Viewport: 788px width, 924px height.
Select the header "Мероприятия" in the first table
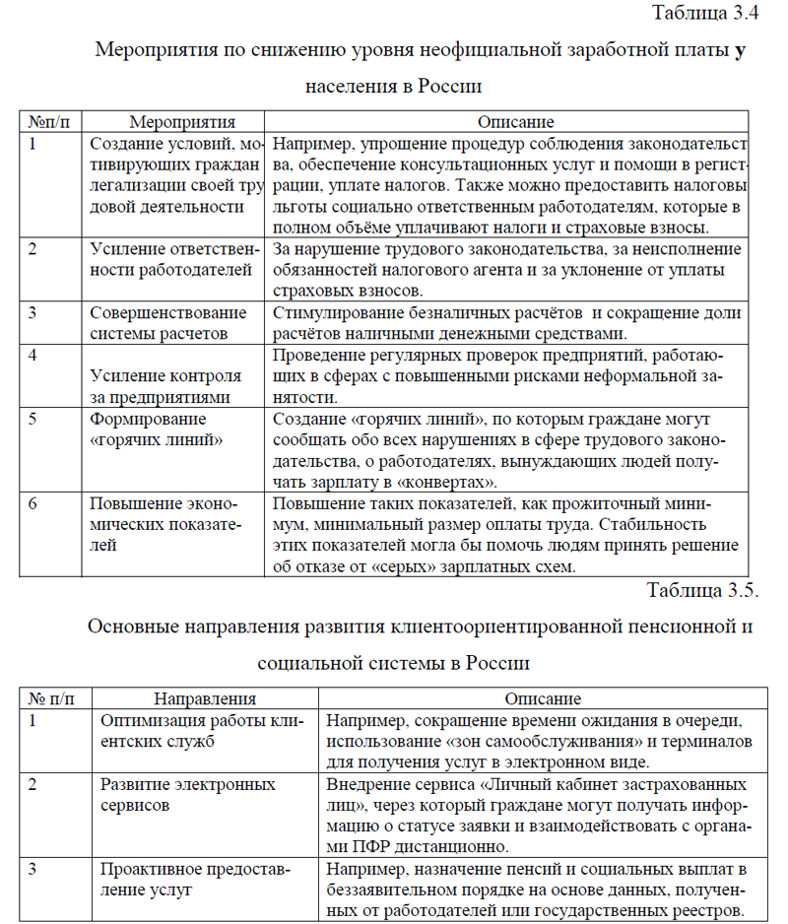coord(182,122)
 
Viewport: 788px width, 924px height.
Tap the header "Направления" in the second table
coord(205,698)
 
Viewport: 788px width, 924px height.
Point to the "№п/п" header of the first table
coord(49,122)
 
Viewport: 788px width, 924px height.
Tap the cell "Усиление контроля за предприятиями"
coord(165,386)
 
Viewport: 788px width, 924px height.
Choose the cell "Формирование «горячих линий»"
coord(156,429)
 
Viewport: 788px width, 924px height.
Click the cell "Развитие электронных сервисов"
coord(187,794)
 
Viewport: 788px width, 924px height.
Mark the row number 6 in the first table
coord(33,503)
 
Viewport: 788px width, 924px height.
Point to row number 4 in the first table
coord(33,354)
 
